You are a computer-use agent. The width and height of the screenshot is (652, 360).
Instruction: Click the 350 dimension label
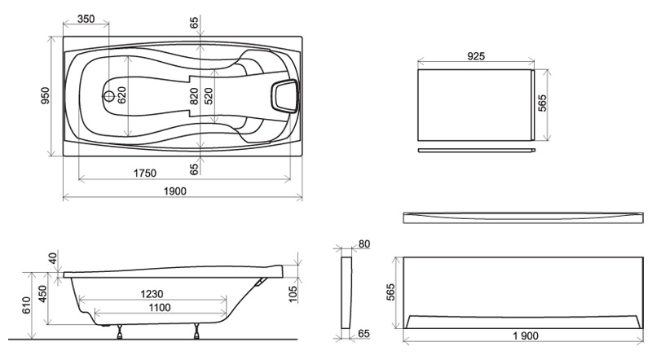coord(86,19)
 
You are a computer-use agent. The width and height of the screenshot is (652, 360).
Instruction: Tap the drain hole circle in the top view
coord(109,96)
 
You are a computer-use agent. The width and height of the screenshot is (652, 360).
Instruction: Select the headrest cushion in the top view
coord(285,96)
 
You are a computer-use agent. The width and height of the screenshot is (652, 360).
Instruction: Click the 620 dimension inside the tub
coord(121,95)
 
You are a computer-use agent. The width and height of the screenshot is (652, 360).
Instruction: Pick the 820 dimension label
coord(194,96)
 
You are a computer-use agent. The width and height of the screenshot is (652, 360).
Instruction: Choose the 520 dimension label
coord(209,96)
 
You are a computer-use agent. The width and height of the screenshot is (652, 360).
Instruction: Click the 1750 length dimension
coord(145,173)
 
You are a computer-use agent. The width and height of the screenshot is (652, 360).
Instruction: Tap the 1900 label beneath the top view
coord(174,191)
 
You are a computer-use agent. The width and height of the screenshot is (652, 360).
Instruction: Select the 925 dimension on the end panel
coord(476,55)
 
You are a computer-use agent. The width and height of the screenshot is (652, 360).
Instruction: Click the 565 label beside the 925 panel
coord(542,103)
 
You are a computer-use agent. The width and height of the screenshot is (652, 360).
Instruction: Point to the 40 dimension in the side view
coord(52,258)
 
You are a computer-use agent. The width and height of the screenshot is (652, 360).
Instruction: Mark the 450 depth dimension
coord(42,294)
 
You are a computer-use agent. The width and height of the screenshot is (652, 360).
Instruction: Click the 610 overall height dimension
coord(26,305)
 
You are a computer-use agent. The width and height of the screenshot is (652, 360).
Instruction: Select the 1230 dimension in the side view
coord(152,294)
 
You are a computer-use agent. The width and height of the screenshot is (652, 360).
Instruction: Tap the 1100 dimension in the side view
coord(159,307)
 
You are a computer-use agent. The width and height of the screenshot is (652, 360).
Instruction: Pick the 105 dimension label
coord(293,294)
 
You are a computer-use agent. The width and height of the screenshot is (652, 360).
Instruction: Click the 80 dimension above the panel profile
coord(363,244)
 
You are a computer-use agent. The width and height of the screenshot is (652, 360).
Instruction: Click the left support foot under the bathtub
coord(120,331)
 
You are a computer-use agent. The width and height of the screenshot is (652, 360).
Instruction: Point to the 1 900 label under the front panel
coord(526,336)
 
